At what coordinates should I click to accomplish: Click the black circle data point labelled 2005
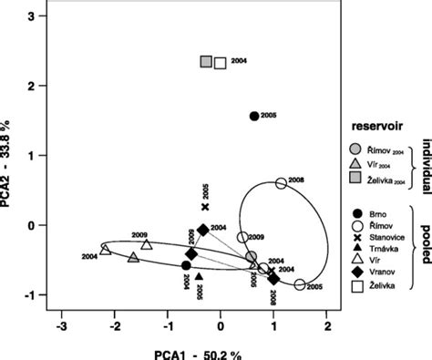254,116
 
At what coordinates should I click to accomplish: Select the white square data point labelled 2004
220,63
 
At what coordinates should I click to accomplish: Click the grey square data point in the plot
206,62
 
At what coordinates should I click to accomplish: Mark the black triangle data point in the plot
199,276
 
